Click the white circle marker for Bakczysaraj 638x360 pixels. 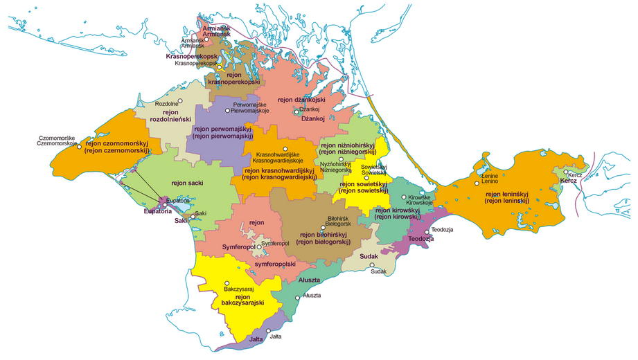227,282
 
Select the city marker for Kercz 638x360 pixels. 566,172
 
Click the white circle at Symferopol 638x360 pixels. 259,246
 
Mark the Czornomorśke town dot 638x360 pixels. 79,146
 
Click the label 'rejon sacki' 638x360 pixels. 188,183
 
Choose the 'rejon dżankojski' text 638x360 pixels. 301,100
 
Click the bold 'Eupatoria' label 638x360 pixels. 157,211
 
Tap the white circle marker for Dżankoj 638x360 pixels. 296,111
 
